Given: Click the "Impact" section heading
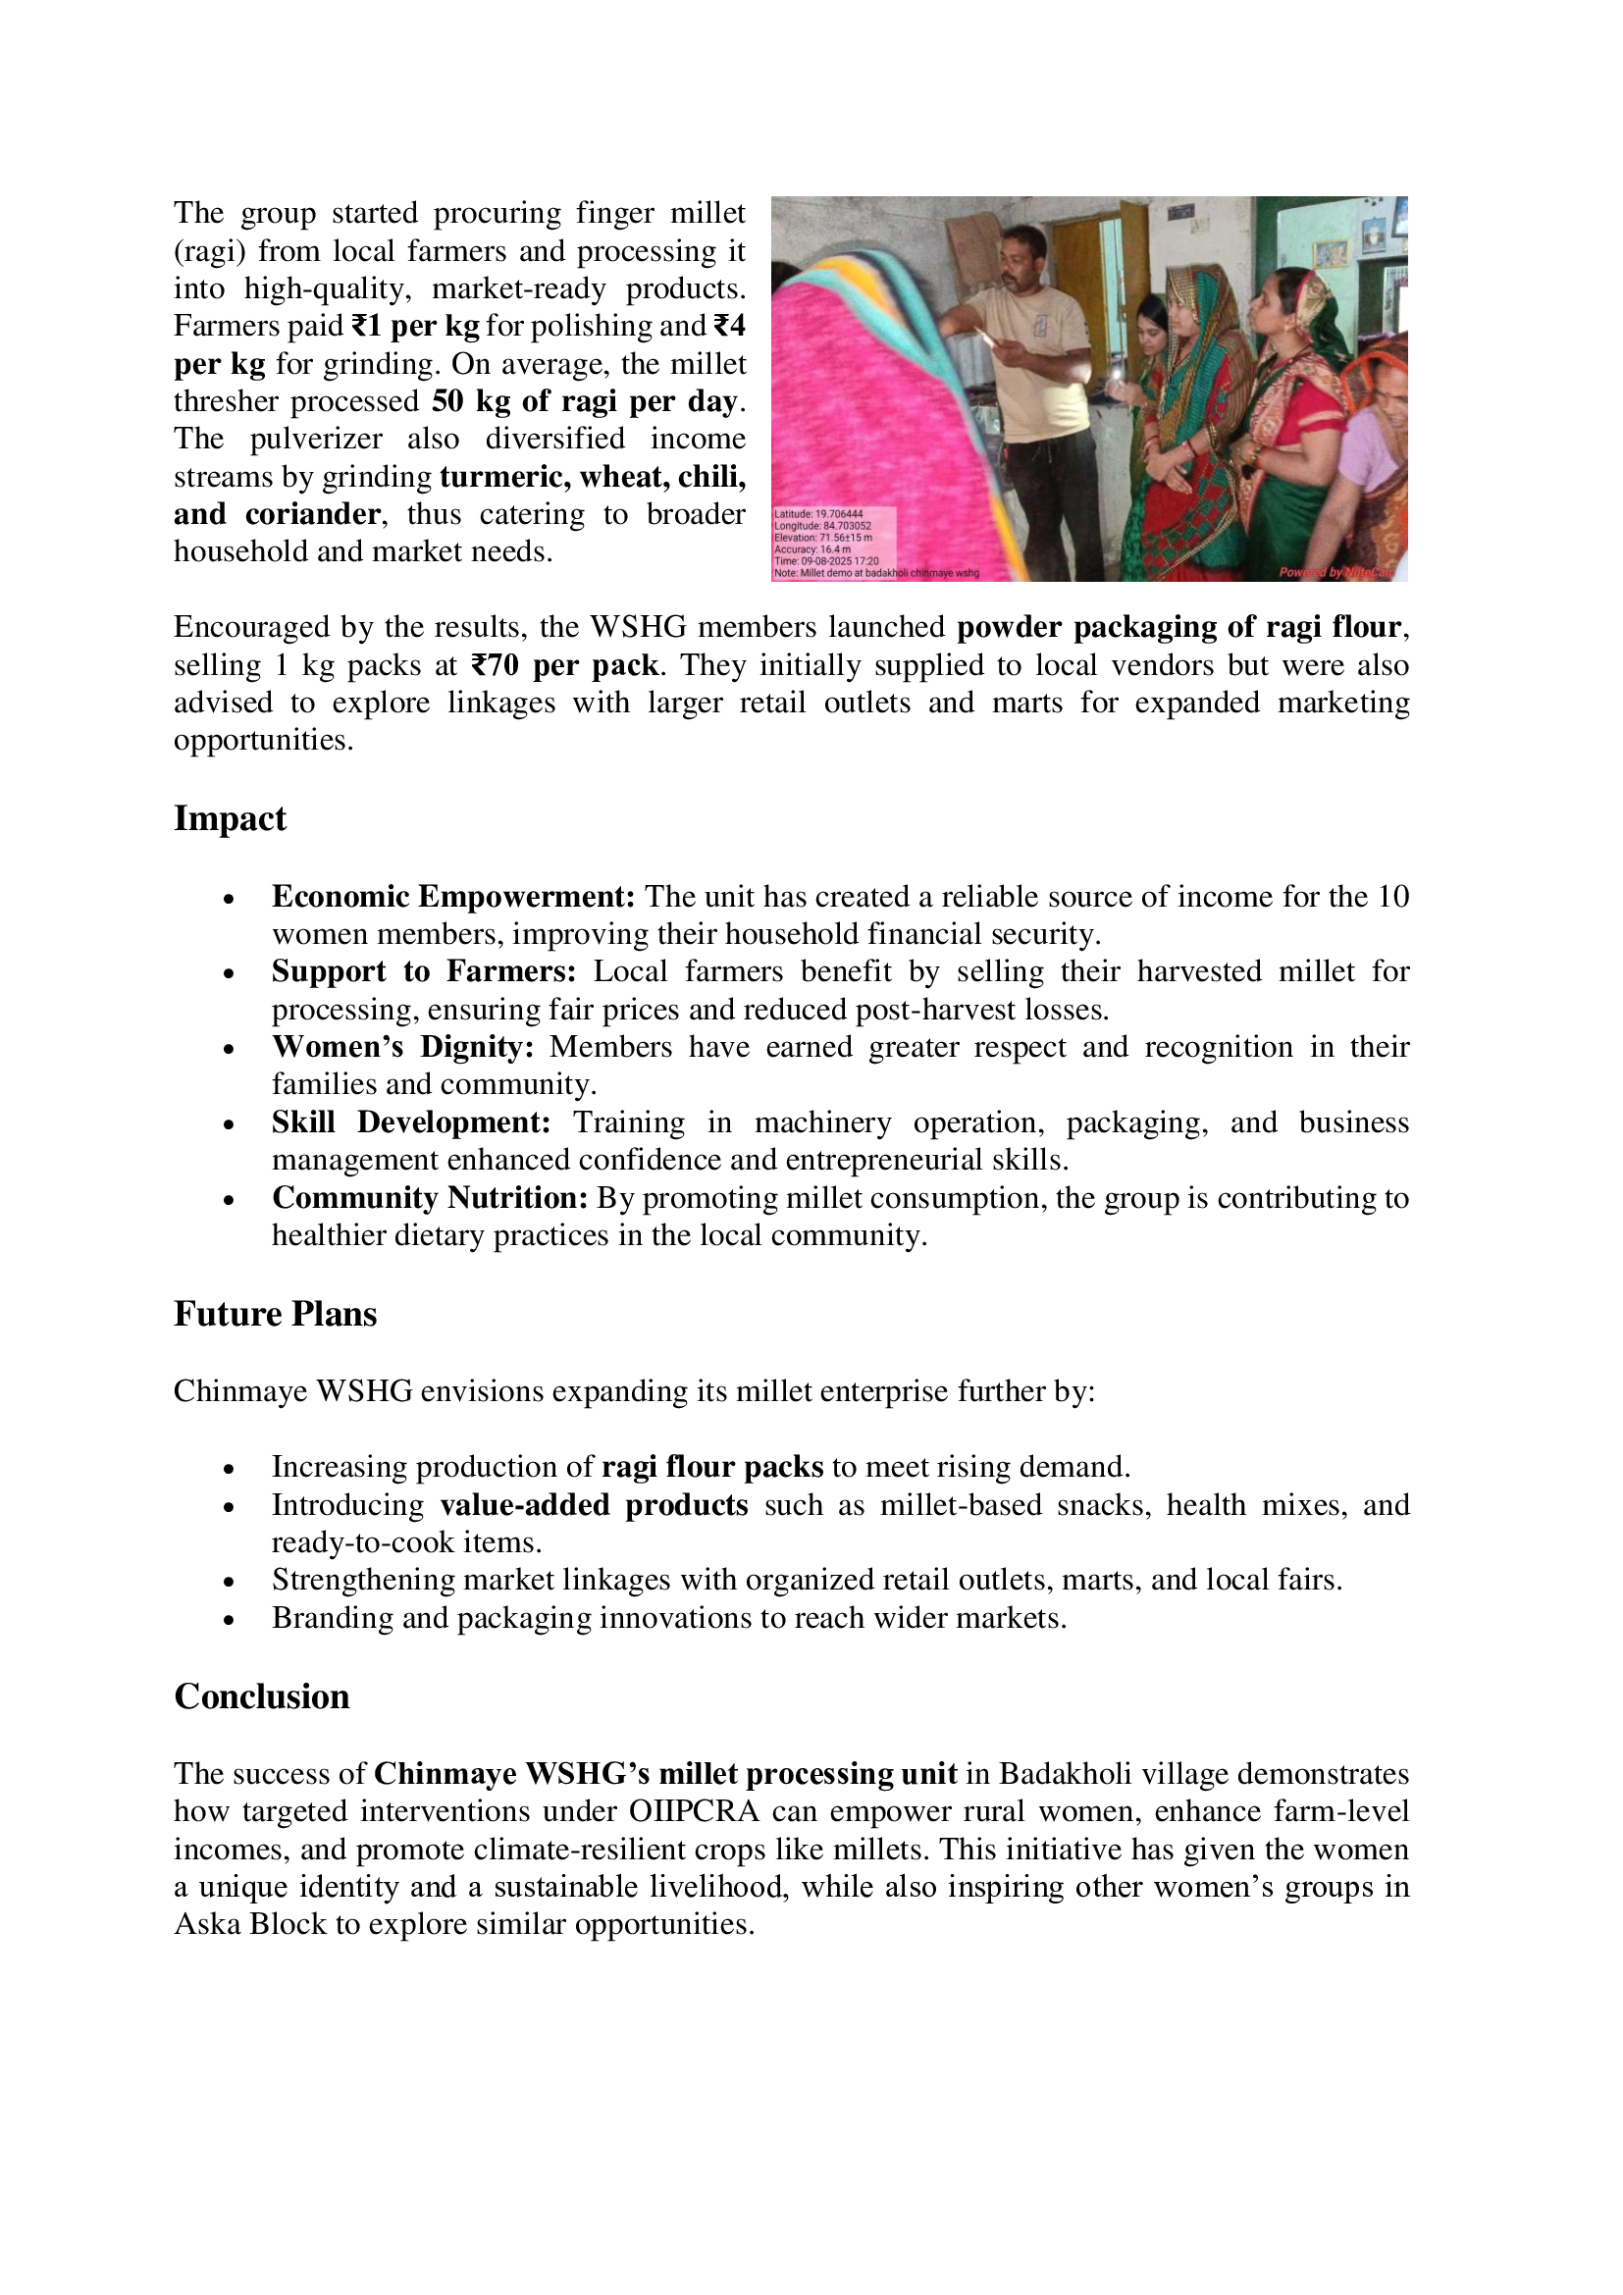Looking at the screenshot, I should [230, 818].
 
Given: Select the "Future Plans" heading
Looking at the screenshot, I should [275, 1314].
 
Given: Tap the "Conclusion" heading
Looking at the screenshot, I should [262, 1696].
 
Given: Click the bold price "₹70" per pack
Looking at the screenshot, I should [494, 664].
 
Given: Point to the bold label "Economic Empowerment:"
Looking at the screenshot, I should [452, 897].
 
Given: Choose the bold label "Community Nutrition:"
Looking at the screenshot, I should [430, 1197].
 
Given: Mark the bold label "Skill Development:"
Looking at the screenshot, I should [411, 1122].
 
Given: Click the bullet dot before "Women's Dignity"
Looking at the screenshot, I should [229, 1049].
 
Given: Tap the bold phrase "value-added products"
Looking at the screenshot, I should [594, 1504].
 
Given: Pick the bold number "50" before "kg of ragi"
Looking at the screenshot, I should [447, 401].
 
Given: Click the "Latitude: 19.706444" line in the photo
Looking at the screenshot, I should [818, 514].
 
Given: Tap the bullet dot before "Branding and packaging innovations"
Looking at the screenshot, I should [229, 1619].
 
